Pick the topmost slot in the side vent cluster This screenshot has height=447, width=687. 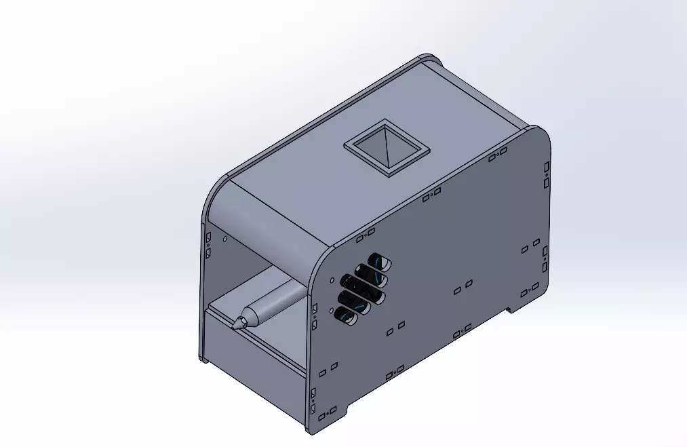379,261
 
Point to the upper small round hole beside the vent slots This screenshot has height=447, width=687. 331,279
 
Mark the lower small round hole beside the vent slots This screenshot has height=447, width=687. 331,311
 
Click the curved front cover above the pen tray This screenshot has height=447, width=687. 271,217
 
